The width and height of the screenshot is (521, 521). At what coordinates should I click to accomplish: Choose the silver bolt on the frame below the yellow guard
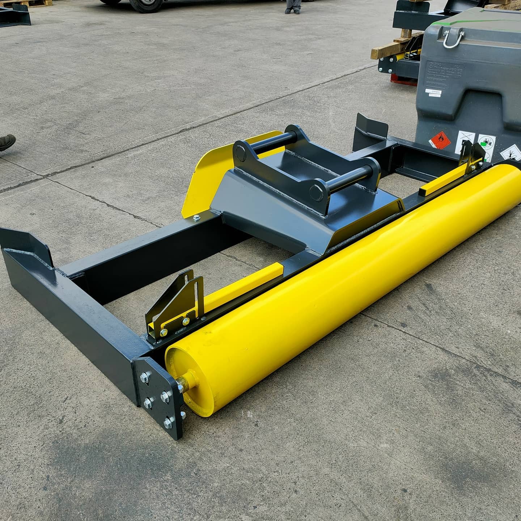click(196, 217)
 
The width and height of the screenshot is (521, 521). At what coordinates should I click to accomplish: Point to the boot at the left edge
click(7, 142)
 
